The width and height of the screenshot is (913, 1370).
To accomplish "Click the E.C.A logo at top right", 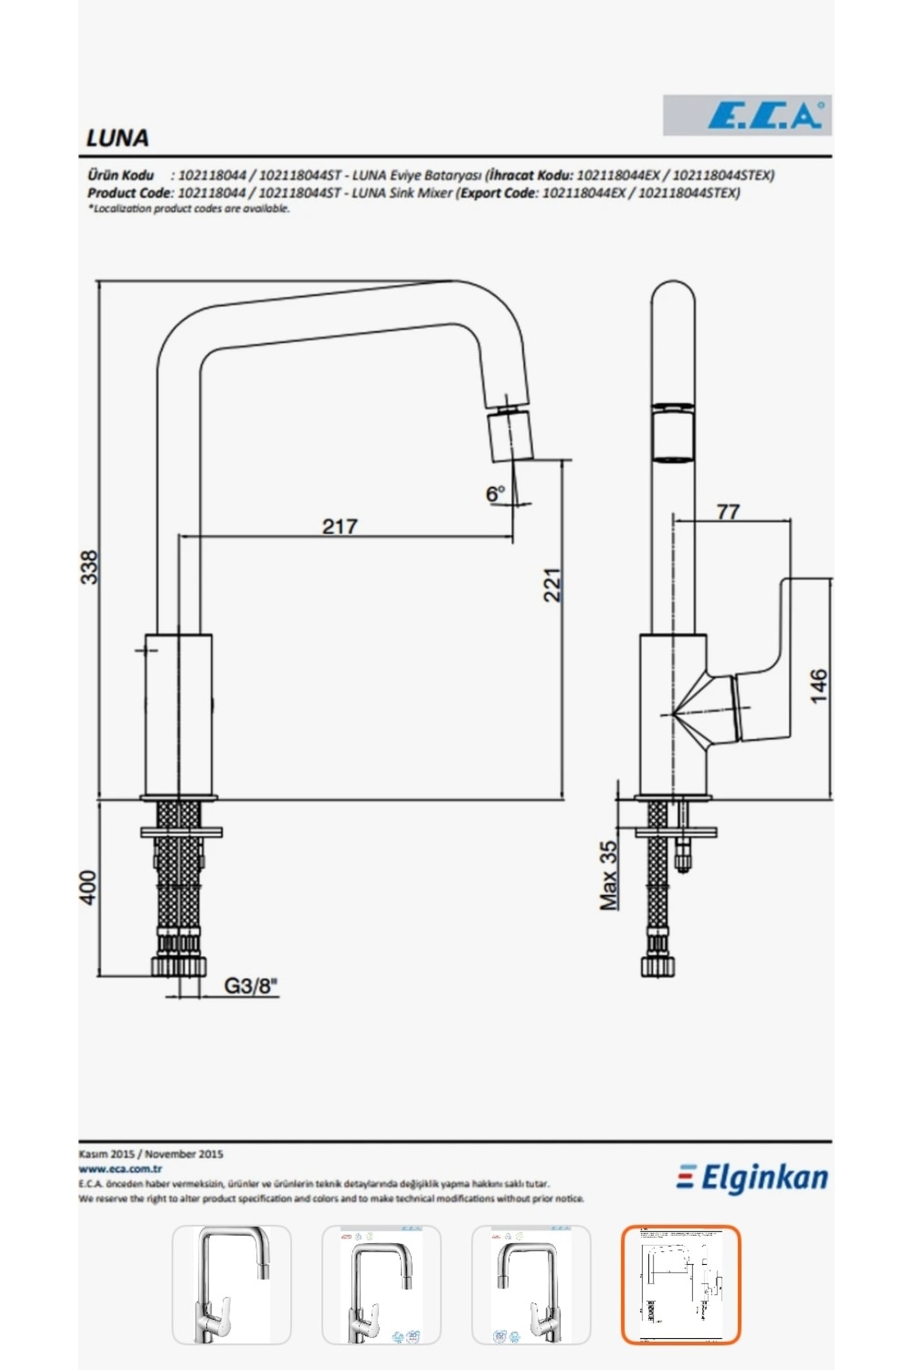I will pyautogui.click(x=765, y=116).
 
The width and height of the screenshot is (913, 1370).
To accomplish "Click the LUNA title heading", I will pyautogui.click(x=117, y=138).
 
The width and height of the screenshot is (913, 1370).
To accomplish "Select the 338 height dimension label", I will pyautogui.click(x=90, y=567).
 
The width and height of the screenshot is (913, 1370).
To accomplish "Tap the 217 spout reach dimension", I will pyautogui.click(x=339, y=526).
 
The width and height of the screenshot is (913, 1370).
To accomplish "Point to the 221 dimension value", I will pyautogui.click(x=552, y=585).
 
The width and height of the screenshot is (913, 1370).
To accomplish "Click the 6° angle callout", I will pyautogui.click(x=495, y=494).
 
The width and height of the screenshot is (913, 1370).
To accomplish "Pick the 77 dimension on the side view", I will pyautogui.click(x=728, y=511).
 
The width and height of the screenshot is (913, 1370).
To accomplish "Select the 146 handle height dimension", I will pyautogui.click(x=818, y=686).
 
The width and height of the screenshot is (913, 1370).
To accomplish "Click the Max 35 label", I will pyautogui.click(x=609, y=875).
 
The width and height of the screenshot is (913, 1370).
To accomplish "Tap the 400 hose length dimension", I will pyautogui.click(x=88, y=887).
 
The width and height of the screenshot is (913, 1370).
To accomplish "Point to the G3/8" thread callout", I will pyautogui.click(x=251, y=986).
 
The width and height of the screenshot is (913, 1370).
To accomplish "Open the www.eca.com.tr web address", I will pyautogui.click(x=120, y=1169).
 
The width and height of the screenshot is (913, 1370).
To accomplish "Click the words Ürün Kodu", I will pyautogui.click(x=120, y=175).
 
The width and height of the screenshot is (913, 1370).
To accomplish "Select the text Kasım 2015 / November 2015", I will pyautogui.click(x=151, y=1154).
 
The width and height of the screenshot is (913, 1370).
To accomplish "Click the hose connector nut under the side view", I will pyautogui.click(x=658, y=966).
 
